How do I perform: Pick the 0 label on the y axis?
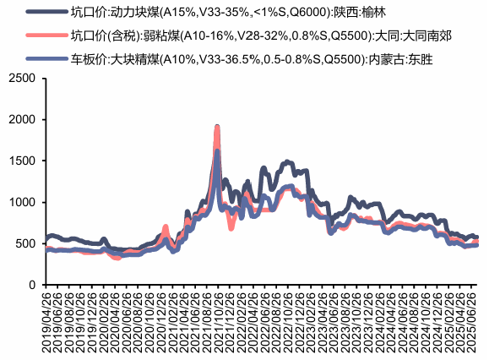(31, 285)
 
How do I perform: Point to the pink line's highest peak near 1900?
(217, 127)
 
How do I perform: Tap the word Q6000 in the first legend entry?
(307, 13)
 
